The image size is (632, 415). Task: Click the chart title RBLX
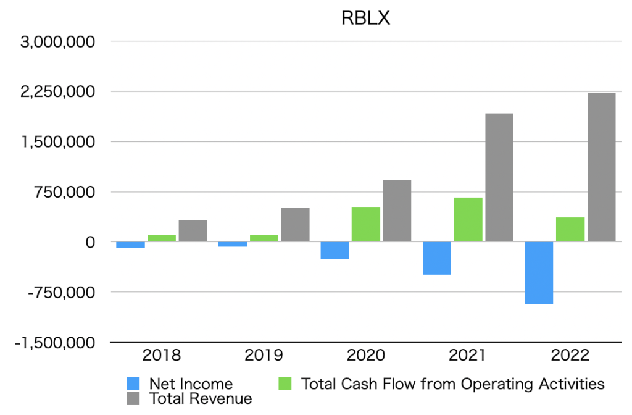tap(366, 19)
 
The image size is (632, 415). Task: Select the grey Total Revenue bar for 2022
tap(601, 167)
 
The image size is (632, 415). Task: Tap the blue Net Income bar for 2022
tap(539, 272)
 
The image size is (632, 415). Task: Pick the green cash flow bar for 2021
tap(468, 219)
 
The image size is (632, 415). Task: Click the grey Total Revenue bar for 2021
tap(499, 177)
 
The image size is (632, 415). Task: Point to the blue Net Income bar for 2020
tap(335, 250)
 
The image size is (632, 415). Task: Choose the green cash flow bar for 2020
tap(366, 224)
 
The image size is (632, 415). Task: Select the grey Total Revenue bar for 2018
tap(193, 230)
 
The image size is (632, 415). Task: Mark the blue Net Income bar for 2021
tap(437, 258)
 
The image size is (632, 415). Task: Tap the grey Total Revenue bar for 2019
tap(295, 224)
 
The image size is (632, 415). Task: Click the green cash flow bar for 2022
tap(570, 229)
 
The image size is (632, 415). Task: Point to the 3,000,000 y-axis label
tap(57, 42)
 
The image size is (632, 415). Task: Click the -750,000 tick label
tap(62, 292)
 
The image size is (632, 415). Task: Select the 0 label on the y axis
tap(90, 242)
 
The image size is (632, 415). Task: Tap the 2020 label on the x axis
tap(366, 356)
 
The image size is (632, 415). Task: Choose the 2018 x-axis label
tap(162, 356)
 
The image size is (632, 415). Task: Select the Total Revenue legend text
tap(201, 398)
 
